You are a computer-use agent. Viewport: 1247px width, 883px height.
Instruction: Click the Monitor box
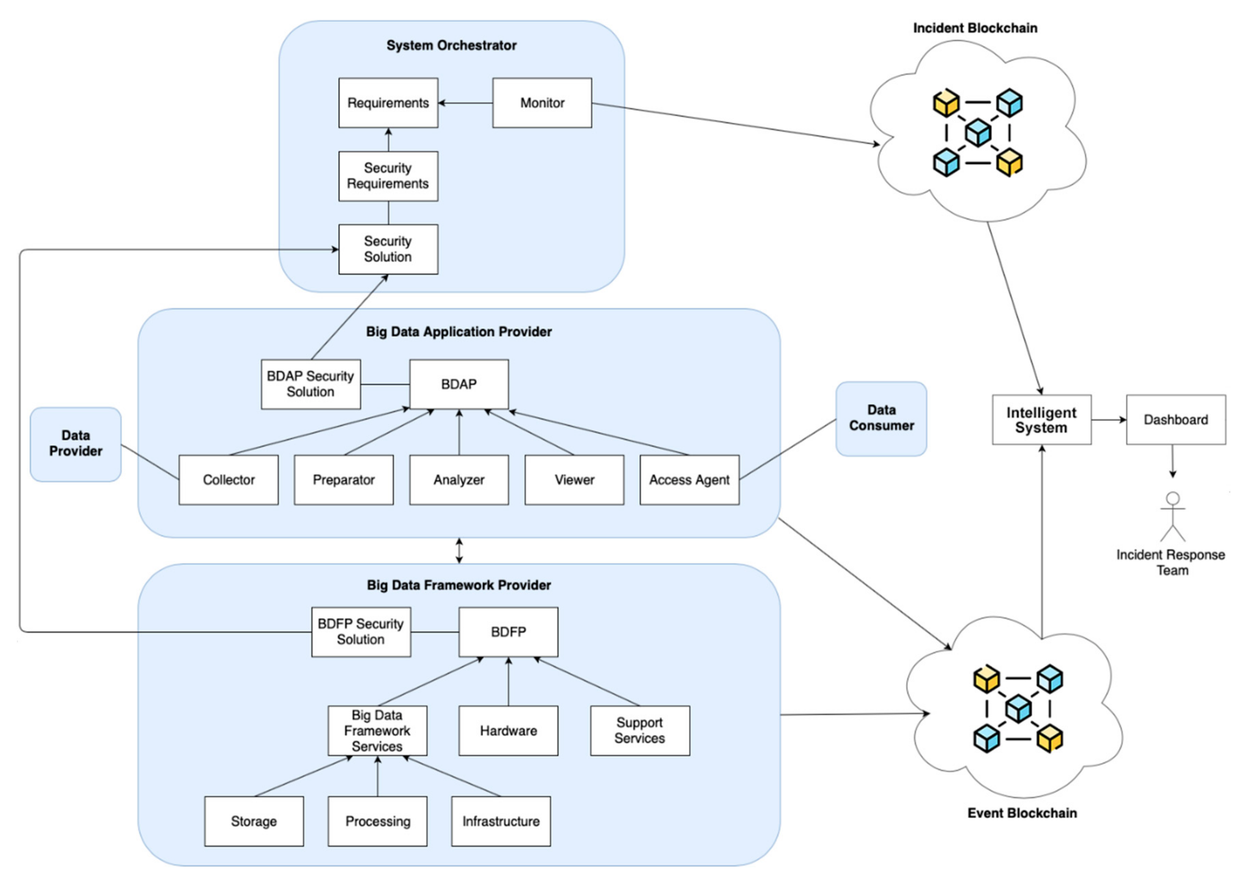[542, 103]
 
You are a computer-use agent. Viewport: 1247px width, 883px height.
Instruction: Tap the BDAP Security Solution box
[311, 384]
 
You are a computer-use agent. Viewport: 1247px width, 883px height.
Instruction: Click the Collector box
[228, 480]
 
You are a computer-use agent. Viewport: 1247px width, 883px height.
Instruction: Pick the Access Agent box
[689, 480]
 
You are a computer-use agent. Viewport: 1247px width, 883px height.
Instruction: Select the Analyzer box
[459, 480]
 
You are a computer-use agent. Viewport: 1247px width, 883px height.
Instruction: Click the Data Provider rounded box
[76, 444]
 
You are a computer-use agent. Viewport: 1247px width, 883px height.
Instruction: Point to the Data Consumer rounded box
[881, 418]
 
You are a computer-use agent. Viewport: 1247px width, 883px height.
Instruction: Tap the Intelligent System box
[1041, 420]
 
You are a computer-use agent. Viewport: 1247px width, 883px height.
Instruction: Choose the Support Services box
[639, 730]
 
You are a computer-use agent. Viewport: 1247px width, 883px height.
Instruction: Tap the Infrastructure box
[500, 821]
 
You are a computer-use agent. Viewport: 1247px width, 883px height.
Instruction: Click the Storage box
[254, 821]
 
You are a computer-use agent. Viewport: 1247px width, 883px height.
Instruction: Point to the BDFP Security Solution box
[361, 632]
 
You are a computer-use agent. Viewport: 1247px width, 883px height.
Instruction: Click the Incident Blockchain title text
[974, 28]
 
